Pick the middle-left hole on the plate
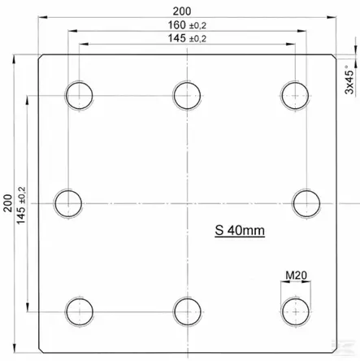click(x=68, y=201)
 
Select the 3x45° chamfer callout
click(x=350, y=80)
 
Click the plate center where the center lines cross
click(x=186, y=201)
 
